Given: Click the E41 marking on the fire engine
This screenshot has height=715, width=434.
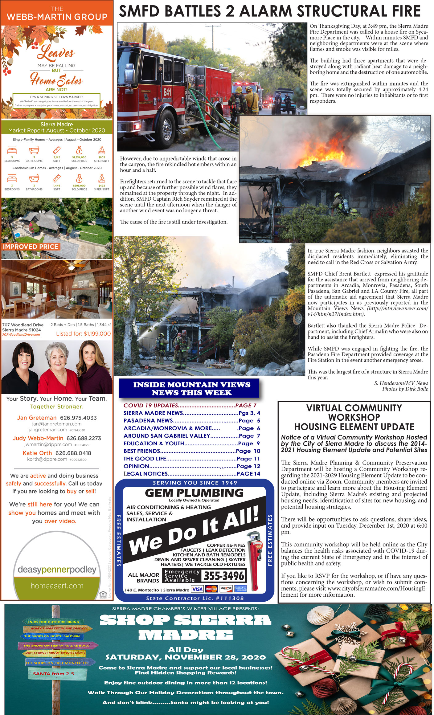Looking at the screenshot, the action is (167, 92).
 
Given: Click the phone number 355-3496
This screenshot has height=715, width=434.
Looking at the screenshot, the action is (223, 576).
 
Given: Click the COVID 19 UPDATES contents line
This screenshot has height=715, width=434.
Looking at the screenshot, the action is (190, 406).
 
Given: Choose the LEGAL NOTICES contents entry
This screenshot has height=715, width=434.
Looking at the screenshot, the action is (192, 474).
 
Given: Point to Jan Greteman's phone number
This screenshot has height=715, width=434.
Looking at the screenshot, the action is (78, 418).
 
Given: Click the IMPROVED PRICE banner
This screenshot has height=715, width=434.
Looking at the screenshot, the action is (31, 247).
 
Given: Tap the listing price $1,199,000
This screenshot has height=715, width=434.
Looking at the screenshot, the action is (83, 333).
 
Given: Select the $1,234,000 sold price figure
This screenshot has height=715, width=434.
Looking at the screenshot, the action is (79, 157).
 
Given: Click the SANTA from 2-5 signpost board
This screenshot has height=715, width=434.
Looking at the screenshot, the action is (54, 674).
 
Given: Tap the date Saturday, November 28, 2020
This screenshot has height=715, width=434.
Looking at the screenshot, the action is (186, 657).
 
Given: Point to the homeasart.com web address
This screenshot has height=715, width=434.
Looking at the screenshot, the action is (57, 586).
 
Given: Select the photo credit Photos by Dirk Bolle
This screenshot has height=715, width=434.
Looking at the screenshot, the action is (405, 389).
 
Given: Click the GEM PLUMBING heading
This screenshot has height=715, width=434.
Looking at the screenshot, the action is (194, 493).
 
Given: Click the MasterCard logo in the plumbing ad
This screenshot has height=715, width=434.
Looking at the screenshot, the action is (211, 589).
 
